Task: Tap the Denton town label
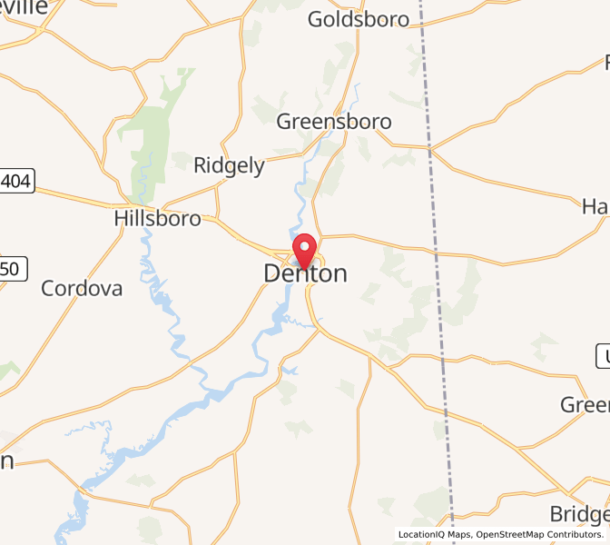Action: click(305, 273)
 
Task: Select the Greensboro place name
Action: click(334, 122)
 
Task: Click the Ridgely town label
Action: click(229, 165)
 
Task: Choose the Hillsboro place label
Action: click(158, 219)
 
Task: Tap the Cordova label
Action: click(82, 289)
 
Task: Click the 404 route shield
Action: click(16, 183)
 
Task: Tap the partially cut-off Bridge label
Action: click(579, 513)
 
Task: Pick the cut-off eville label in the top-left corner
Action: click(23, 6)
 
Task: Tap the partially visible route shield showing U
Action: click(603, 357)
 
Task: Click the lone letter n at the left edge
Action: click(6, 461)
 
